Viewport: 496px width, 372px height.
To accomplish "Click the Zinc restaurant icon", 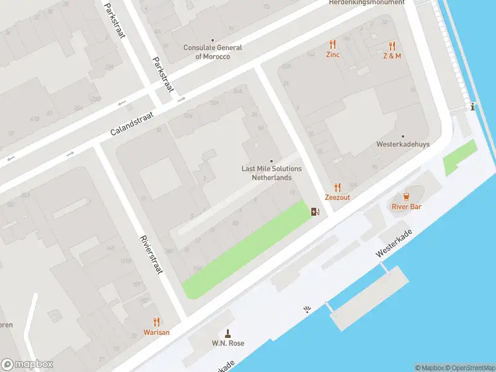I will [x=332, y=45].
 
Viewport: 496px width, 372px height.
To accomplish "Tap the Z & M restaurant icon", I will [x=392, y=46].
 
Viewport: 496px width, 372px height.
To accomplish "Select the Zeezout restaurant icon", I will [x=337, y=187].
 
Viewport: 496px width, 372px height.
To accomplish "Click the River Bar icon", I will [x=407, y=197].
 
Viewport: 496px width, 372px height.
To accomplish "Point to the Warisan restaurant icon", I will [x=156, y=322].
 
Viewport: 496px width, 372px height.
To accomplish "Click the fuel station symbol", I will [x=316, y=213].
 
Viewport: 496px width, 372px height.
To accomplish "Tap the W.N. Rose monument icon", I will [x=228, y=333].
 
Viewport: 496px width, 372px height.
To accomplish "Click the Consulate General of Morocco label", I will [x=213, y=52].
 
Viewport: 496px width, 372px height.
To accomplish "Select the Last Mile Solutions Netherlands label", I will [x=271, y=173].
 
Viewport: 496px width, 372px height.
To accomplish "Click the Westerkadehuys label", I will [x=402, y=144].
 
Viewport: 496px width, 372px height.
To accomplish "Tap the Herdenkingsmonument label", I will [x=366, y=2].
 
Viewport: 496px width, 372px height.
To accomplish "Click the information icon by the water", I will [x=474, y=107].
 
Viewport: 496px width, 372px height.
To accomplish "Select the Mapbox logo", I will [x=27, y=365].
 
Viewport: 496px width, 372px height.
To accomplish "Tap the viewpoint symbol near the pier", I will [x=306, y=309].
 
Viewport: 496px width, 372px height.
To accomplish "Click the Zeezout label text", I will [x=337, y=198].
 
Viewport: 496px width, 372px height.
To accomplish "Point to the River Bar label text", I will [x=406, y=206].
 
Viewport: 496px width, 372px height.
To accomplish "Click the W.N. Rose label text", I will [x=228, y=343].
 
